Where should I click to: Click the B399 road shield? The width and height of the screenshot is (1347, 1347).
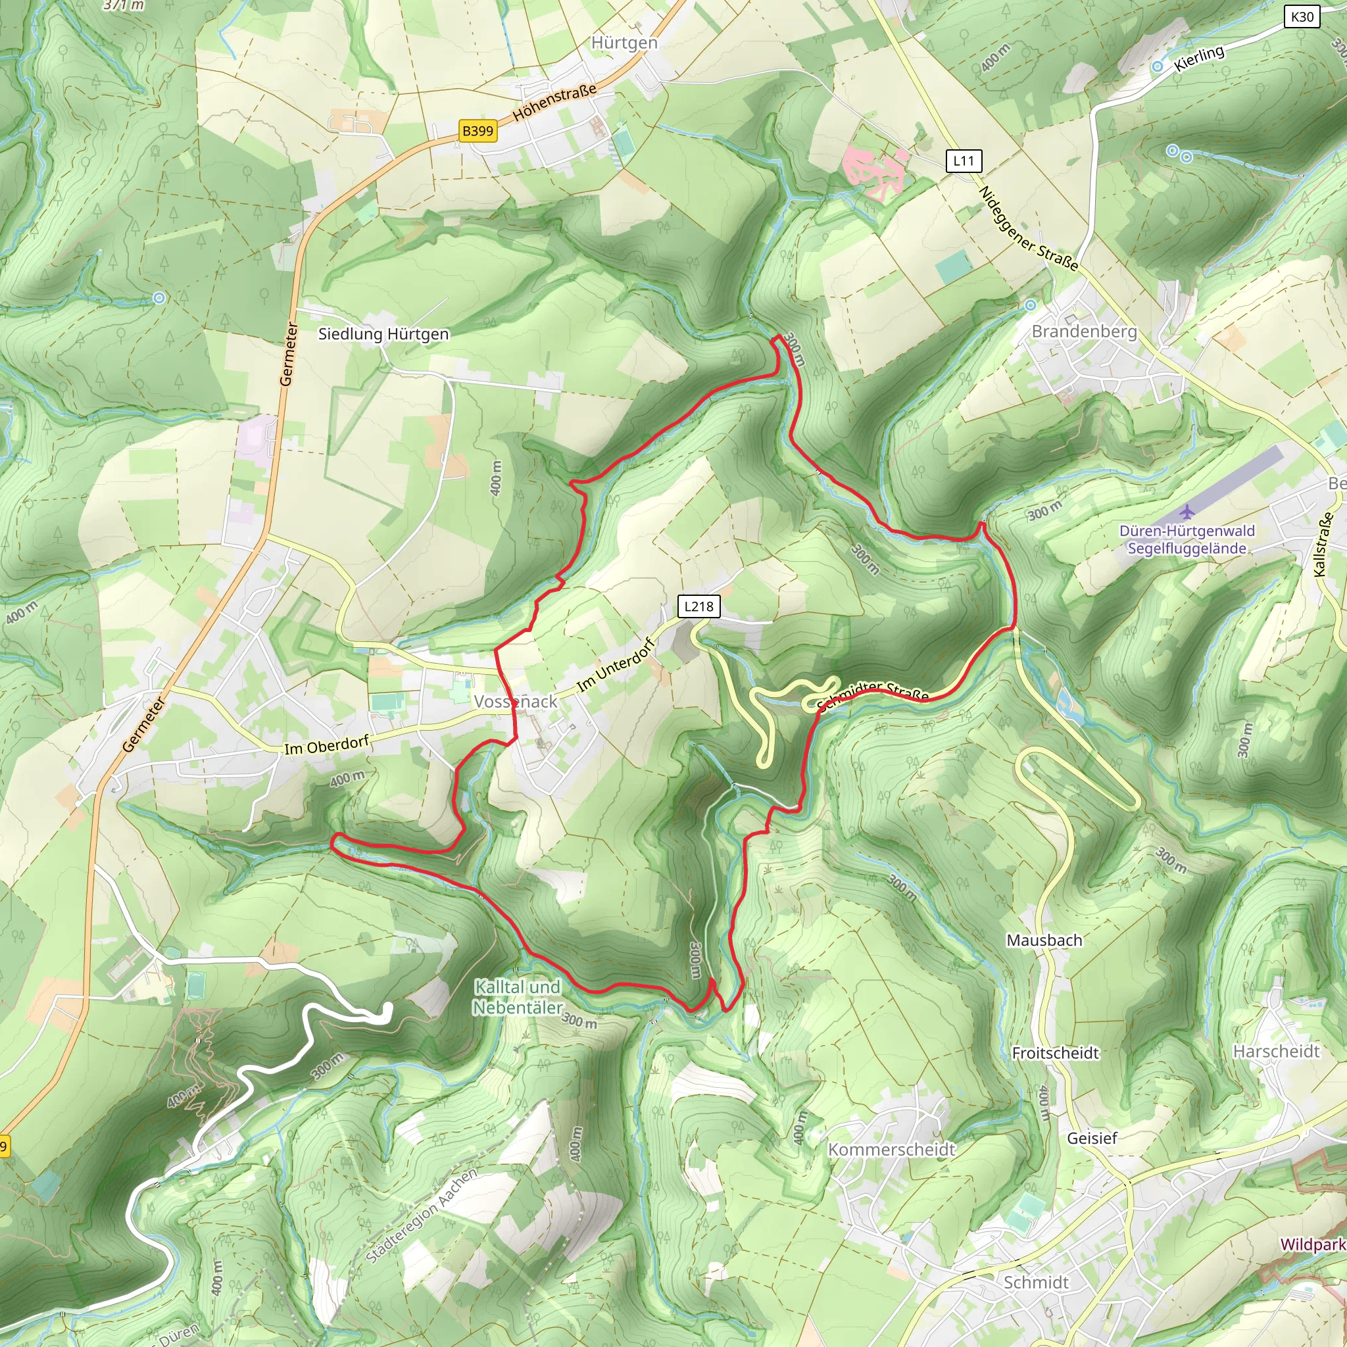[478, 131]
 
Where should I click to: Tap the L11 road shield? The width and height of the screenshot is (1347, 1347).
[964, 161]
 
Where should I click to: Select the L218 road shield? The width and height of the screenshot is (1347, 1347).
[698, 606]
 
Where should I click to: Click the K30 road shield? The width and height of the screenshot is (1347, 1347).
[1302, 16]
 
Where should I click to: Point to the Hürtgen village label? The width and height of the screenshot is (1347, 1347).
[624, 43]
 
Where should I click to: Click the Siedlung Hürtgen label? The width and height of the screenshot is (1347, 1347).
[383, 334]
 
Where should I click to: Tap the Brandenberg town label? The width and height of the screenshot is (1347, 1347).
[1084, 331]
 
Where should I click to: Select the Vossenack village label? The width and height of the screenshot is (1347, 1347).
[515, 701]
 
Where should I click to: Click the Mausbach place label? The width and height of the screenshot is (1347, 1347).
[1044, 941]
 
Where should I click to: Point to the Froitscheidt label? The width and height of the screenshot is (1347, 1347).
[1055, 1053]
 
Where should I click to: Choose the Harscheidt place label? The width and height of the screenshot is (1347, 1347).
[1276, 1052]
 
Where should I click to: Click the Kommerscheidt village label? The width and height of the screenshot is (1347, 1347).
[891, 1149]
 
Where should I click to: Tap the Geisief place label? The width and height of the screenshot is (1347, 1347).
[1092, 1138]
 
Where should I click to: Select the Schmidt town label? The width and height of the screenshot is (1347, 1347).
[1036, 1282]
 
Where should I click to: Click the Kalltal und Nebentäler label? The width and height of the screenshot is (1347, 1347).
[518, 997]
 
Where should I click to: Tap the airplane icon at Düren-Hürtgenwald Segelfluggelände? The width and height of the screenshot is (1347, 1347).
[1187, 513]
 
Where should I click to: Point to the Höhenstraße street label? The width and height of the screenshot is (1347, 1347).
[555, 102]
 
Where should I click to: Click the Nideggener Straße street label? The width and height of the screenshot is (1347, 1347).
[1029, 229]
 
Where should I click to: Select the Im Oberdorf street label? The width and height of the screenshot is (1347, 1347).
[326, 745]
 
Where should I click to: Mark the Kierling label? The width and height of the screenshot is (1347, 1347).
[1198, 59]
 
